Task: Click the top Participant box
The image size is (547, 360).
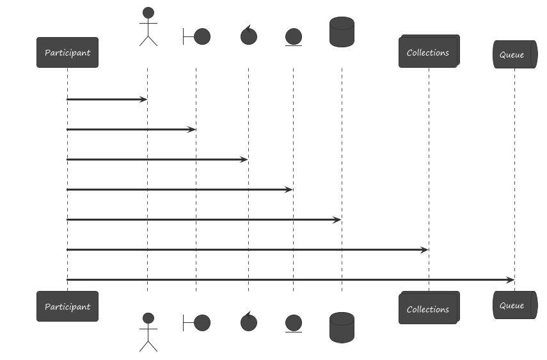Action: tap(67, 52)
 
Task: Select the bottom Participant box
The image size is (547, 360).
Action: tap(67, 306)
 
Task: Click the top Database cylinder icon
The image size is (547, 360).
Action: tap(341, 31)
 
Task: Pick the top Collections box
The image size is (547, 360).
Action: tap(428, 52)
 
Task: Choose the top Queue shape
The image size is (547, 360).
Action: tap(514, 54)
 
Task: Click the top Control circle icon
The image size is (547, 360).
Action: tap(248, 36)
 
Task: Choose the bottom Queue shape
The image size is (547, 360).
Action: tap(514, 305)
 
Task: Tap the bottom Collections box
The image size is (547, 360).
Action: tap(428, 309)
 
